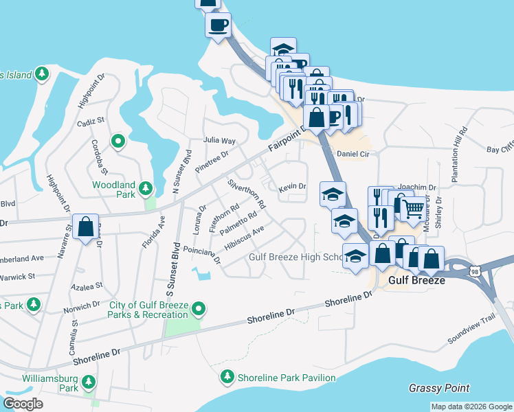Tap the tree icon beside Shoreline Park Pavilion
pyautogui.click(x=227, y=377)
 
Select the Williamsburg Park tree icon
pyautogui.click(x=89, y=381)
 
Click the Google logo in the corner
pyautogui.click(x=23, y=404)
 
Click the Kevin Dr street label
pyautogui.click(x=291, y=186)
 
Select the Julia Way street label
pyautogui.click(x=219, y=140)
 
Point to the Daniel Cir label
pyautogui.click(x=353, y=154)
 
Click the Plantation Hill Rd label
pyautogui.click(x=458, y=154)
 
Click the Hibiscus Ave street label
pyautogui.click(x=244, y=238)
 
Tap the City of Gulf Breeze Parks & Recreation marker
pyautogui.click(x=199, y=309)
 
